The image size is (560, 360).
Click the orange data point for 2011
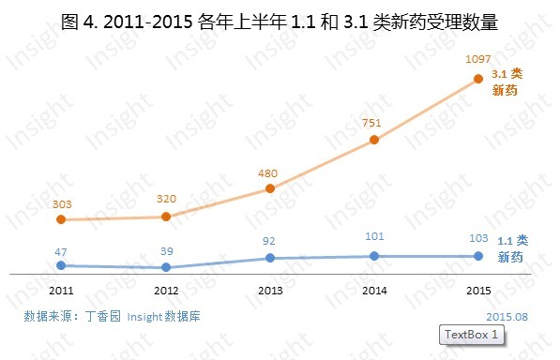[x=61, y=219]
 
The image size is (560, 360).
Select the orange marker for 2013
[x=270, y=187]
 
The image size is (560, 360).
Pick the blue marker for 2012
[x=166, y=267]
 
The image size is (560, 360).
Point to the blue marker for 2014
[x=374, y=256]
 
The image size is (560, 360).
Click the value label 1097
[x=478, y=59]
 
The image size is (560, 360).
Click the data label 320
[x=166, y=200]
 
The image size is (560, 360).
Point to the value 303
[x=61, y=203]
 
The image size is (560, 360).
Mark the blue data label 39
[x=166, y=251]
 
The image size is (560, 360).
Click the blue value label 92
[x=270, y=241]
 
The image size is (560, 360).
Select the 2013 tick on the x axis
[x=270, y=291]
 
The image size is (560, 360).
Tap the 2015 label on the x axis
[x=478, y=291]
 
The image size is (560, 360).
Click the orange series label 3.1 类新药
[x=507, y=82]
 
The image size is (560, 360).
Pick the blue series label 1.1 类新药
[x=511, y=248]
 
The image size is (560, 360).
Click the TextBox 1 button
[x=471, y=335]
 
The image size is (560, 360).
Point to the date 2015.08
[x=507, y=317]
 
